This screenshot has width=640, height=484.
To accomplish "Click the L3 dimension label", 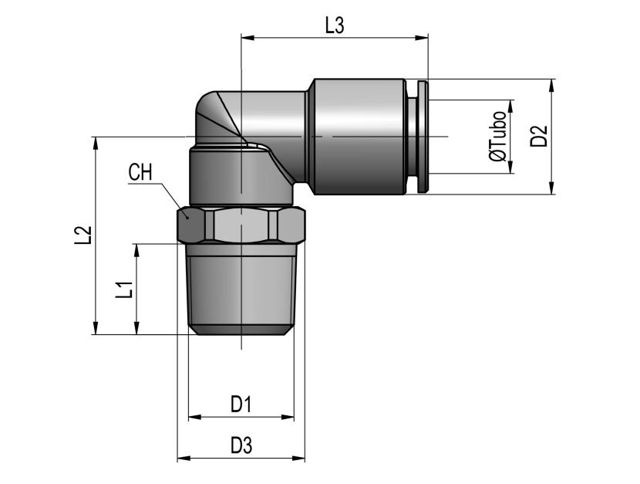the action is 335,25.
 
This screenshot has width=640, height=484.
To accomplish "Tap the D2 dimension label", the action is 539,137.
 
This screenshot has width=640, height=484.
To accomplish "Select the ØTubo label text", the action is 498,137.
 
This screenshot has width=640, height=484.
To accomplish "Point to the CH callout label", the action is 140,172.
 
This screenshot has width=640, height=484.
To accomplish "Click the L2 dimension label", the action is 82,235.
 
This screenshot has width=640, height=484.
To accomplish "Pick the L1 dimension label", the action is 124,289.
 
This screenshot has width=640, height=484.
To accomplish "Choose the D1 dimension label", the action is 241,404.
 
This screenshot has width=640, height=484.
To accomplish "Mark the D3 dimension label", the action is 241,445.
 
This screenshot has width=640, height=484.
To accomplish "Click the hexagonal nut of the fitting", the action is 241,226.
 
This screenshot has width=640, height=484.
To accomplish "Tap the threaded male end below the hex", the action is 241,289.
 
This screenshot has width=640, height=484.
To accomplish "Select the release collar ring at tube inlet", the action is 422,137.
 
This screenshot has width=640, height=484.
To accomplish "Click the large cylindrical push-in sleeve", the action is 359,137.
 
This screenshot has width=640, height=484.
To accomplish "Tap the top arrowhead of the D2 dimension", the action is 552,86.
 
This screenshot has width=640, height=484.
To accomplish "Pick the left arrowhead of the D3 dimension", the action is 184,459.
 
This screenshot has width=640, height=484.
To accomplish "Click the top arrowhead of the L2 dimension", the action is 96,144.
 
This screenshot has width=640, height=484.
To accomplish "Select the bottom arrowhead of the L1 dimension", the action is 136,328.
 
